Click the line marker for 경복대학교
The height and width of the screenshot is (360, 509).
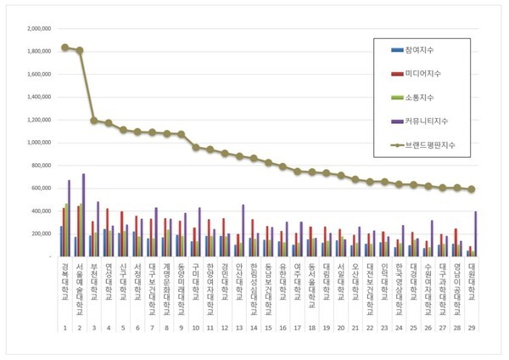[x=64, y=47]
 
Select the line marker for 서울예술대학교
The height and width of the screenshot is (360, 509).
[x=80, y=50]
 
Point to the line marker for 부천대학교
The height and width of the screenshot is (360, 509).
[x=95, y=121]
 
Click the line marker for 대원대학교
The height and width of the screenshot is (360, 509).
[x=471, y=188]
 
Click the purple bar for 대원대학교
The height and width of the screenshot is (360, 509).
[x=475, y=233]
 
